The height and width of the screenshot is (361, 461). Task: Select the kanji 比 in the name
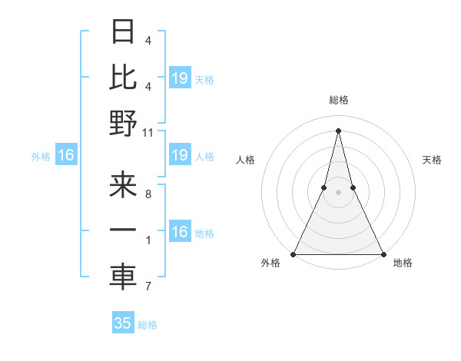123,78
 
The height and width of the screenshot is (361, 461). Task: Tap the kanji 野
123,124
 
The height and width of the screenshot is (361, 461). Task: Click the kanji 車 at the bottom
123,277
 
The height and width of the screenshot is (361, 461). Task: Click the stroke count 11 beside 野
148,132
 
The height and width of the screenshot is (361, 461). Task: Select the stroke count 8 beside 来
148,195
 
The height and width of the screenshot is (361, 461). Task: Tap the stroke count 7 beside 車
148,287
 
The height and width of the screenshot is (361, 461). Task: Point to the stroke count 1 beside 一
148,241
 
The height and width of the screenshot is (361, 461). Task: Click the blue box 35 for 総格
123,323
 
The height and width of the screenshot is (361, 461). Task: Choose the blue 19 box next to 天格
179,78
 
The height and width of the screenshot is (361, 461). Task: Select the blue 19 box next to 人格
179,156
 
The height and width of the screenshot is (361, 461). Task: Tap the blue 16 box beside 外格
65,156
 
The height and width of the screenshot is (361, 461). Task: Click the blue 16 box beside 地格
179,233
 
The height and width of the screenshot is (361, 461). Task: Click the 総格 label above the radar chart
338,100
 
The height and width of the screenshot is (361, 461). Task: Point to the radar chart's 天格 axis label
433,160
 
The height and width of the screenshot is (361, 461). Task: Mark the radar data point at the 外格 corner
294,254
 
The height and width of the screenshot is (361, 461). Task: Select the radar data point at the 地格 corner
383,254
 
